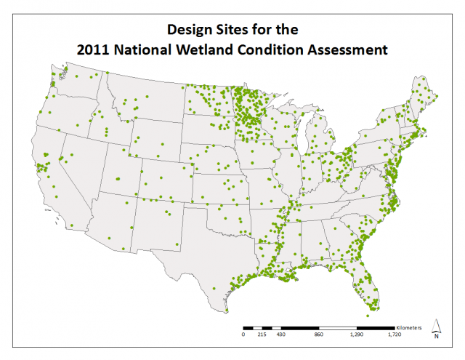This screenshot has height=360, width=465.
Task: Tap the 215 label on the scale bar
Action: [262, 336]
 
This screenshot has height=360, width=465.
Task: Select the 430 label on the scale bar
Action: [280, 336]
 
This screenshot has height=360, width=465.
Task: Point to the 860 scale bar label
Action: [318, 336]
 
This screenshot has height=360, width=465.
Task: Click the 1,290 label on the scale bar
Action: [357, 336]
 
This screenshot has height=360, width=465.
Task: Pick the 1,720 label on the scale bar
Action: [395, 336]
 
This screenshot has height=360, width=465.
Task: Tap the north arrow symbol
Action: [436, 329]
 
